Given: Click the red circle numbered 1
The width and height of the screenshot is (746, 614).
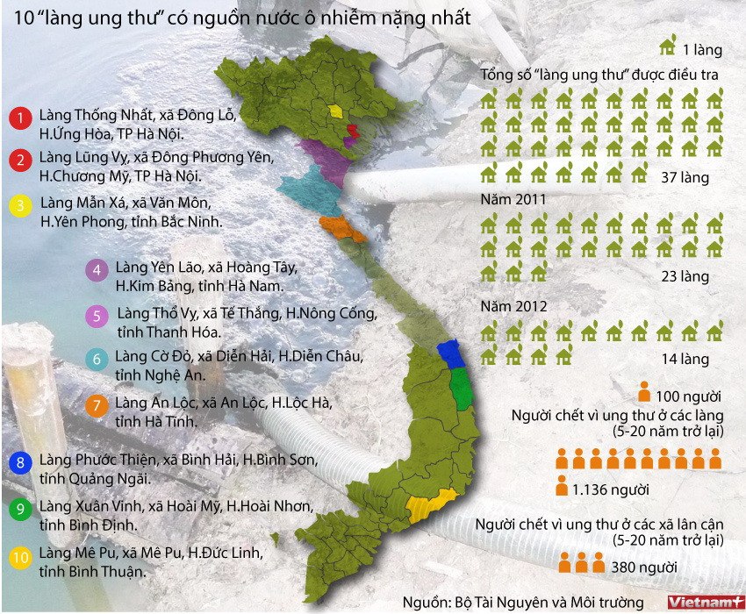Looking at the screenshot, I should pyautogui.click(x=18, y=118).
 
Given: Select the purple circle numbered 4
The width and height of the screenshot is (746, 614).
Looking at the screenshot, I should pyautogui.click(x=97, y=270).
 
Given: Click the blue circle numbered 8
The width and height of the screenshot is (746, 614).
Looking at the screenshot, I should pyautogui.click(x=18, y=462).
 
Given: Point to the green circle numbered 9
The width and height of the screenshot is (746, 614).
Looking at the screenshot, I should pyautogui.click(x=18, y=509).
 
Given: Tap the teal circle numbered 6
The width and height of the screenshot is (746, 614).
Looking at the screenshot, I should pyautogui.click(x=97, y=359).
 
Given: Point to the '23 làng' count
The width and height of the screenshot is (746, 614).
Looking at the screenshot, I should pyautogui.click(x=685, y=276).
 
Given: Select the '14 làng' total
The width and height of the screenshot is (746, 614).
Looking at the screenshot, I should pyautogui.click(x=685, y=360).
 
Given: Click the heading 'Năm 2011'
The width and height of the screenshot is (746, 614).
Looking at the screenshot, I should pyautogui.click(x=513, y=200).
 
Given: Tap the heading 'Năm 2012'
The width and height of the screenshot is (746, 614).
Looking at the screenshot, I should pyautogui.click(x=513, y=307).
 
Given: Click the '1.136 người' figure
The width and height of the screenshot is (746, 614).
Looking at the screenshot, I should pyautogui.click(x=609, y=488).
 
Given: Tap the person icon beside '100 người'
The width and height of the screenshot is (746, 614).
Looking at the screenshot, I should pyautogui.click(x=644, y=392).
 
